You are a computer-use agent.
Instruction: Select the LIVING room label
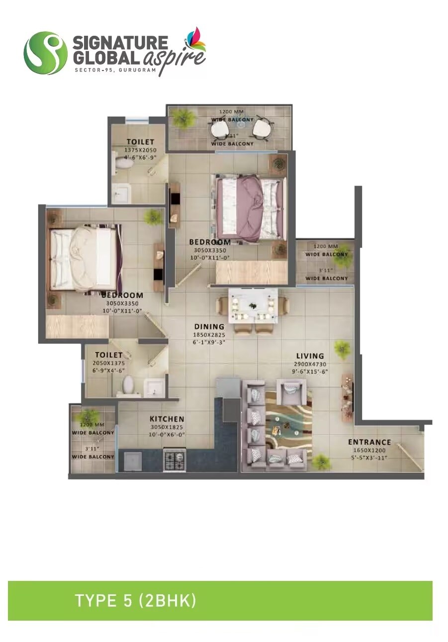(310, 356)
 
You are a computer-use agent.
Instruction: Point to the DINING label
(209, 327)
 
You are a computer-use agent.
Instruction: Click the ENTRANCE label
(369, 442)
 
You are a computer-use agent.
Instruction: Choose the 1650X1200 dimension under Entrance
(369, 450)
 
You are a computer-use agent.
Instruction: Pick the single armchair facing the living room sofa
(291, 390)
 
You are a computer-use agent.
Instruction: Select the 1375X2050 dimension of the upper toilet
(140, 149)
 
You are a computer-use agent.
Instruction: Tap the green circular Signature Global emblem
(45, 53)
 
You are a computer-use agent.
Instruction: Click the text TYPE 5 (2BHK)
(135, 601)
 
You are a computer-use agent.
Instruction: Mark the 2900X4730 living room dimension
(310, 364)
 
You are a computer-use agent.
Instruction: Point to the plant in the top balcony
(184, 118)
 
